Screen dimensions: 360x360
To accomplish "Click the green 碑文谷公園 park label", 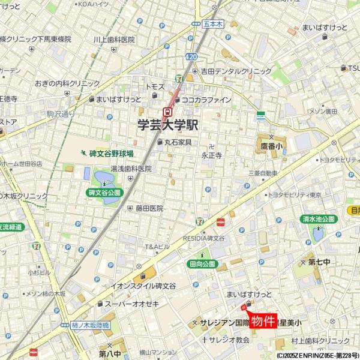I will [x=104, y=193].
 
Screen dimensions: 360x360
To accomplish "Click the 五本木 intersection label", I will [x=212, y=24].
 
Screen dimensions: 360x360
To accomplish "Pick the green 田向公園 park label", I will [x=201, y=263].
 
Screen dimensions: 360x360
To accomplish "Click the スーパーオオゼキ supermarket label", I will [x=131, y=304].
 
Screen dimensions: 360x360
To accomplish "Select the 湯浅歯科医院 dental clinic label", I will [x=131, y=169].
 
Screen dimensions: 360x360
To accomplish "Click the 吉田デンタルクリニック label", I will [x=236, y=71].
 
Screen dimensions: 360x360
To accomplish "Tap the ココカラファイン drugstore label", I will [x=206, y=100].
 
